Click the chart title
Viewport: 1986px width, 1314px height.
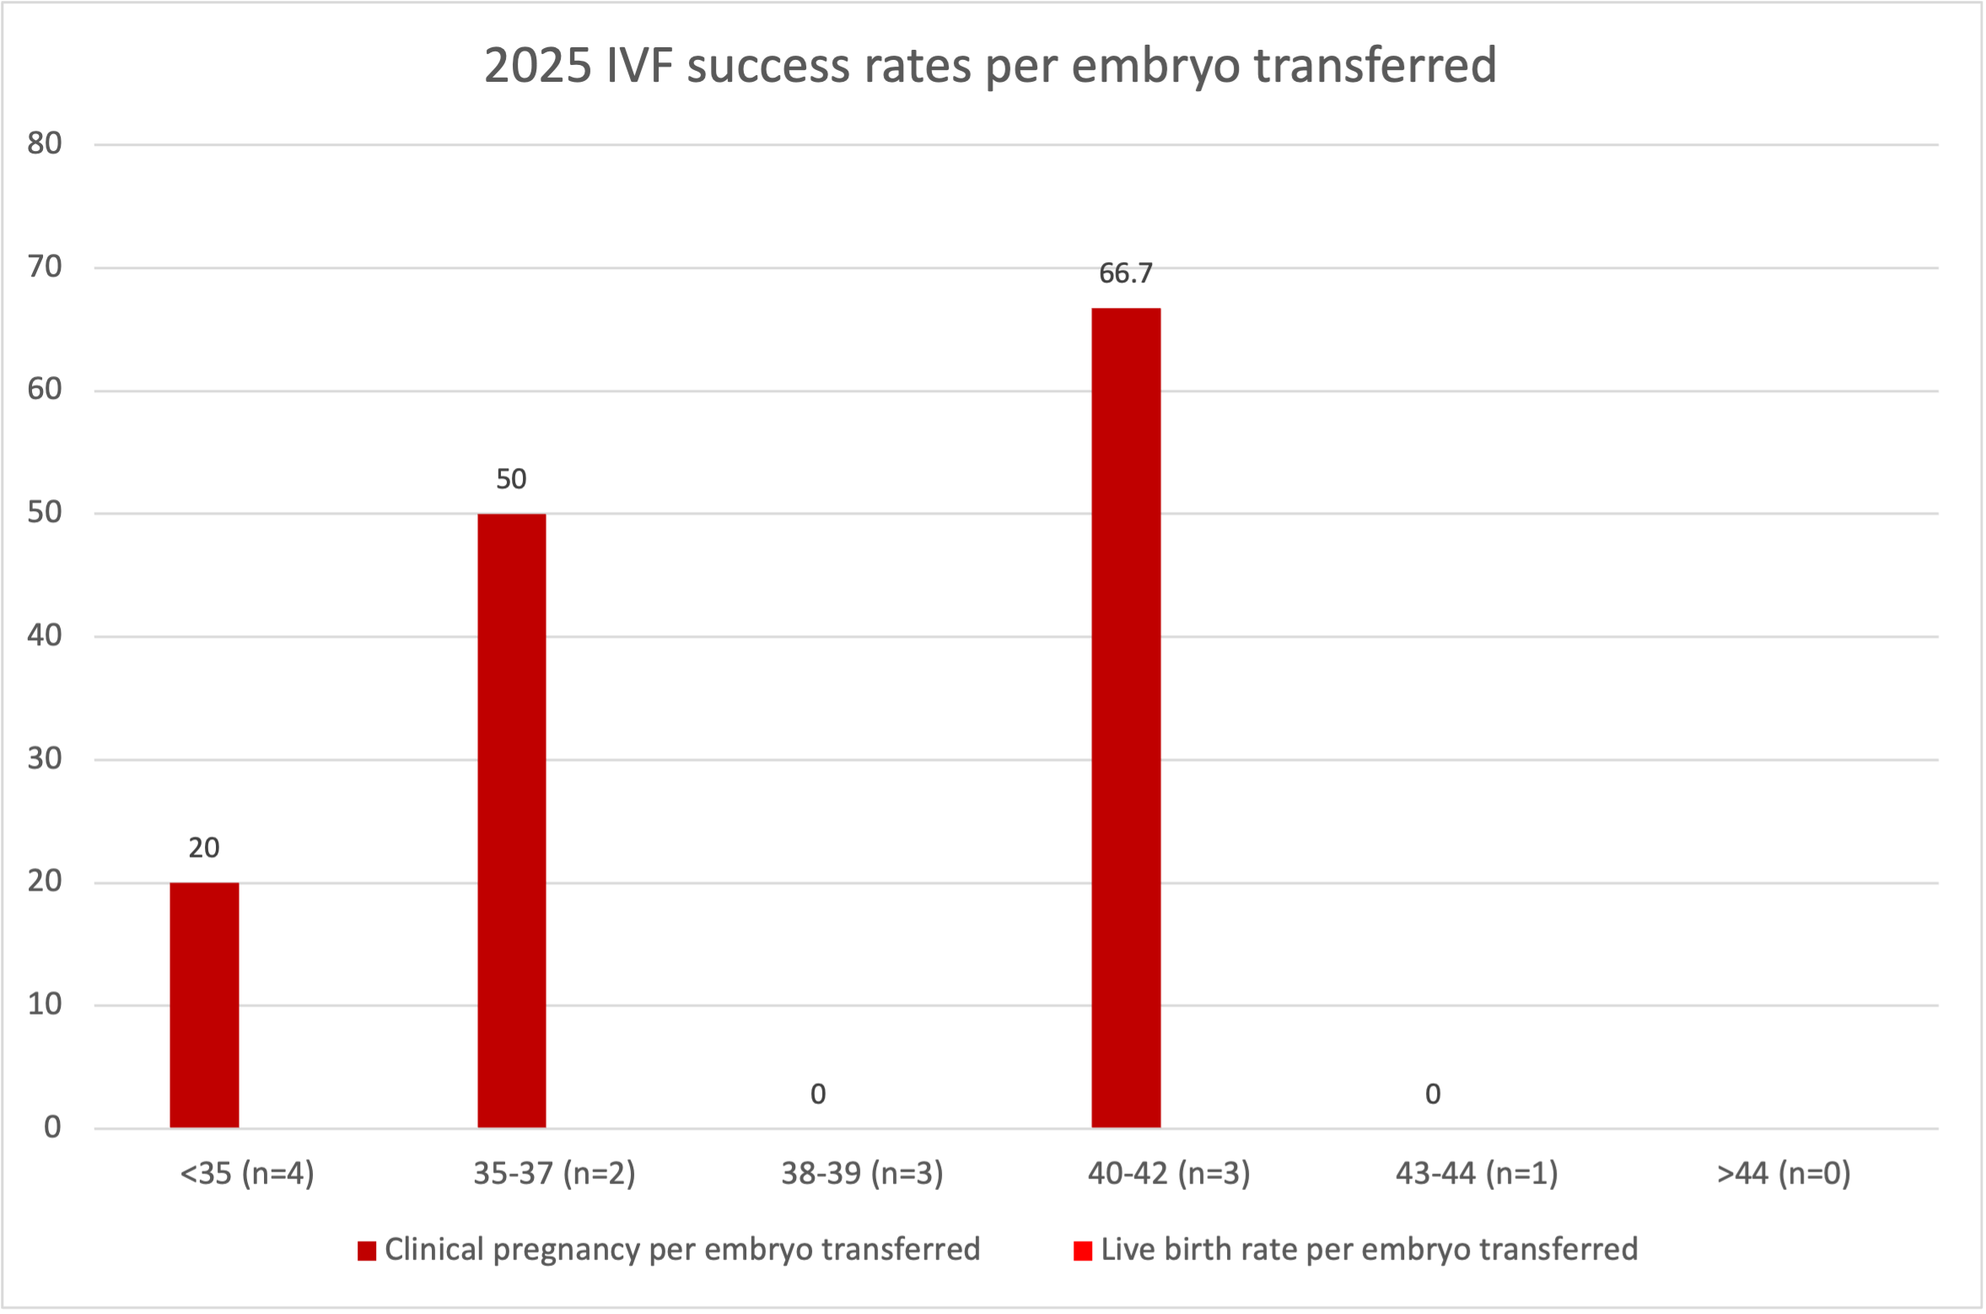990,66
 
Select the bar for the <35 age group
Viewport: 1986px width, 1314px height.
204,1004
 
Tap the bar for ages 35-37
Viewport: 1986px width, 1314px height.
511,820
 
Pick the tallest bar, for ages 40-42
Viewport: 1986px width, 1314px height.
1126,717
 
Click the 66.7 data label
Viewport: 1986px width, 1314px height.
1125,273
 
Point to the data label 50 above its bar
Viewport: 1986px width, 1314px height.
511,479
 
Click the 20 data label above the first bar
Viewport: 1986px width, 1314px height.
204,848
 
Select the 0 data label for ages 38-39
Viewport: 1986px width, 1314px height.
818,1094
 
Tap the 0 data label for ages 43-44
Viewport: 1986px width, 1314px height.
1433,1094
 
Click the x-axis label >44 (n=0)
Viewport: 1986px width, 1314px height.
1784,1173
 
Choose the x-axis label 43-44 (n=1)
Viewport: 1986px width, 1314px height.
1477,1173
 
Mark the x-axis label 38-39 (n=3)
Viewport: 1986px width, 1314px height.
862,1173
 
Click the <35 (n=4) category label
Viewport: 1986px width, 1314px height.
247,1173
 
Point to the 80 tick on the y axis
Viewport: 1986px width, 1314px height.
45,143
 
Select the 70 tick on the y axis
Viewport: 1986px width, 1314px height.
45,267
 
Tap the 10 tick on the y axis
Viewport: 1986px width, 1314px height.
45,1004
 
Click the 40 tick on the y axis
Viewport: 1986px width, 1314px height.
45,635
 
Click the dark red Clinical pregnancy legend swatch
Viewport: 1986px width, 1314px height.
367,1251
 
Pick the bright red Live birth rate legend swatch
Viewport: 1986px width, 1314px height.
1083,1251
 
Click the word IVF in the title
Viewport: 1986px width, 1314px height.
638,66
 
